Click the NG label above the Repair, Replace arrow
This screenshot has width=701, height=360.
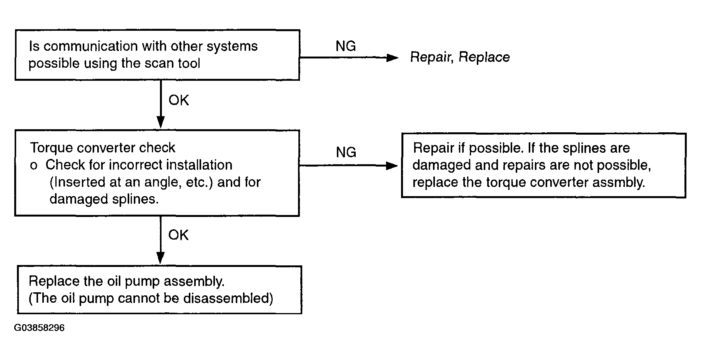point(346,46)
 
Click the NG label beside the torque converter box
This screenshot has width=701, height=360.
point(346,152)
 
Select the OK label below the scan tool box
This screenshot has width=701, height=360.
point(178,100)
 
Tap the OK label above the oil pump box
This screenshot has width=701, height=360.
point(178,235)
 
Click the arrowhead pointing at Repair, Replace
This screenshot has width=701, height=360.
point(392,58)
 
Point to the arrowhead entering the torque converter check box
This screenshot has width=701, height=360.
point(161,122)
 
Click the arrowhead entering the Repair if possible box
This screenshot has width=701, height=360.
point(392,166)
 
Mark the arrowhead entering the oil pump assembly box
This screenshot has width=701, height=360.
point(161,258)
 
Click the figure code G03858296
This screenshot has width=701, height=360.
point(39,328)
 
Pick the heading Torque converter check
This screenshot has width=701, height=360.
point(102,148)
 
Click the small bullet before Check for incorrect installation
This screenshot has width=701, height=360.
point(34,166)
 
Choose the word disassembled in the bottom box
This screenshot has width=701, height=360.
point(228,298)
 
